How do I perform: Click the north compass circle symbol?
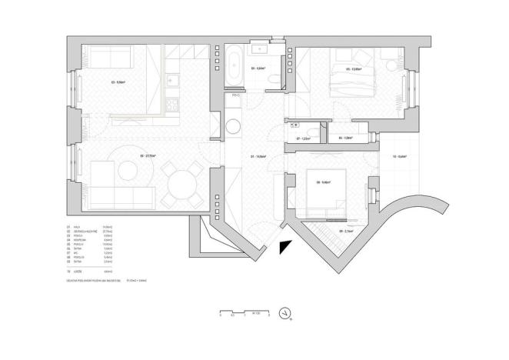click(x=287, y=313)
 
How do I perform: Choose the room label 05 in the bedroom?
click(x=354, y=69)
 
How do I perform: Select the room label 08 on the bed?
click(x=323, y=182)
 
